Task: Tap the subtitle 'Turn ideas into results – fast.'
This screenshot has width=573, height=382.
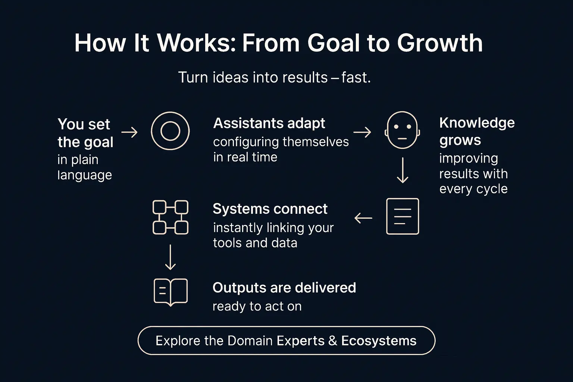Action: pos(275,78)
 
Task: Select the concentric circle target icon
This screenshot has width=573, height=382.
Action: pos(170,131)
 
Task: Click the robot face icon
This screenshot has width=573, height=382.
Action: pos(402,130)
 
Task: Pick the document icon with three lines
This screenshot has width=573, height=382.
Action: pos(402,216)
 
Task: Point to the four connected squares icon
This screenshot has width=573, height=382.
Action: pos(170,217)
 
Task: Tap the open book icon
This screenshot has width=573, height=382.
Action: pos(170,292)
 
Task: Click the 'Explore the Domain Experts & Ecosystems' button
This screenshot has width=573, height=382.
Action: pos(286,341)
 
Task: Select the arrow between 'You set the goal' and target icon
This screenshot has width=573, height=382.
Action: pos(129,132)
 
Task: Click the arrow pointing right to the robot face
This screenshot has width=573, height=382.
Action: pos(362,132)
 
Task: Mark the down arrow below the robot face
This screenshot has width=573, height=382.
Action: pos(403,170)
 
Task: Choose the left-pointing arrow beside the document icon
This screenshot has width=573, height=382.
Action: pos(363,218)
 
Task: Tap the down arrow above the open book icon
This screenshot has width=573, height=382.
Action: pos(170,257)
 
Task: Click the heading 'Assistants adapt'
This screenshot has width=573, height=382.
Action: pos(269,123)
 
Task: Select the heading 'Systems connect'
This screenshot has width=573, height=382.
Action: pos(270,209)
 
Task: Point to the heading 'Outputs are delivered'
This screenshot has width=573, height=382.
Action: pos(284,288)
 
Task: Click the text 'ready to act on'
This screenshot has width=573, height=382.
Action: pos(257,306)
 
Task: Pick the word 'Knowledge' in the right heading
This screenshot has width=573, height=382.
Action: pos(477,123)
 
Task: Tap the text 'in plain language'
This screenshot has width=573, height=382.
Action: pos(85,167)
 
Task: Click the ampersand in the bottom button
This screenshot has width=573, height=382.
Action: pos(333,341)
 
